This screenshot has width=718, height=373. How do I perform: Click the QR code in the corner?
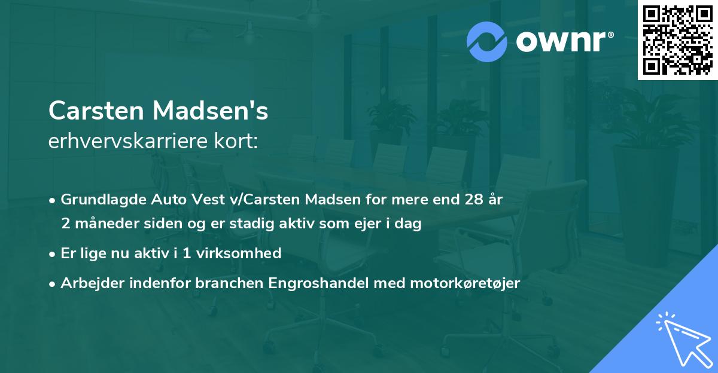pyautogui.click(x=677, y=40)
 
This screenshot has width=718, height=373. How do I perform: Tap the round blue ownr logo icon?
pyautogui.click(x=487, y=41)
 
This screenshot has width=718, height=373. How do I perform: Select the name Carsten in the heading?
pyautogui.click(x=95, y=111)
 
